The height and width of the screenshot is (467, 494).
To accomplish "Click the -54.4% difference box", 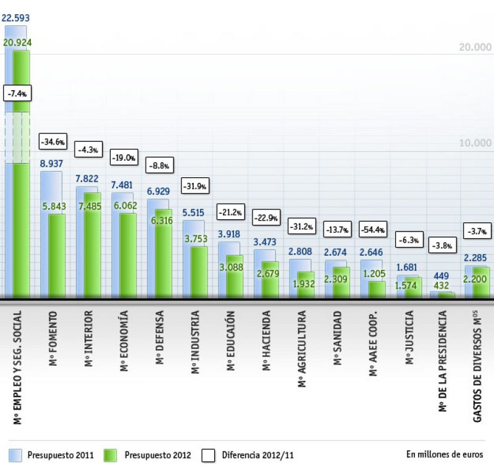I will point(372,230).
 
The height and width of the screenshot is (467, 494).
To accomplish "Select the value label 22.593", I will point(16,18).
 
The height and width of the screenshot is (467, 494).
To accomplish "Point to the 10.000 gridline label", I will point(473,143).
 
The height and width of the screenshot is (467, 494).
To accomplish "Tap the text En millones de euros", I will point(445,453).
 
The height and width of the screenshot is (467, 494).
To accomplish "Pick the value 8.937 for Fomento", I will point(51,164).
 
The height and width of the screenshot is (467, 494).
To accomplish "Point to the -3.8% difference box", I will point(443,245).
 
